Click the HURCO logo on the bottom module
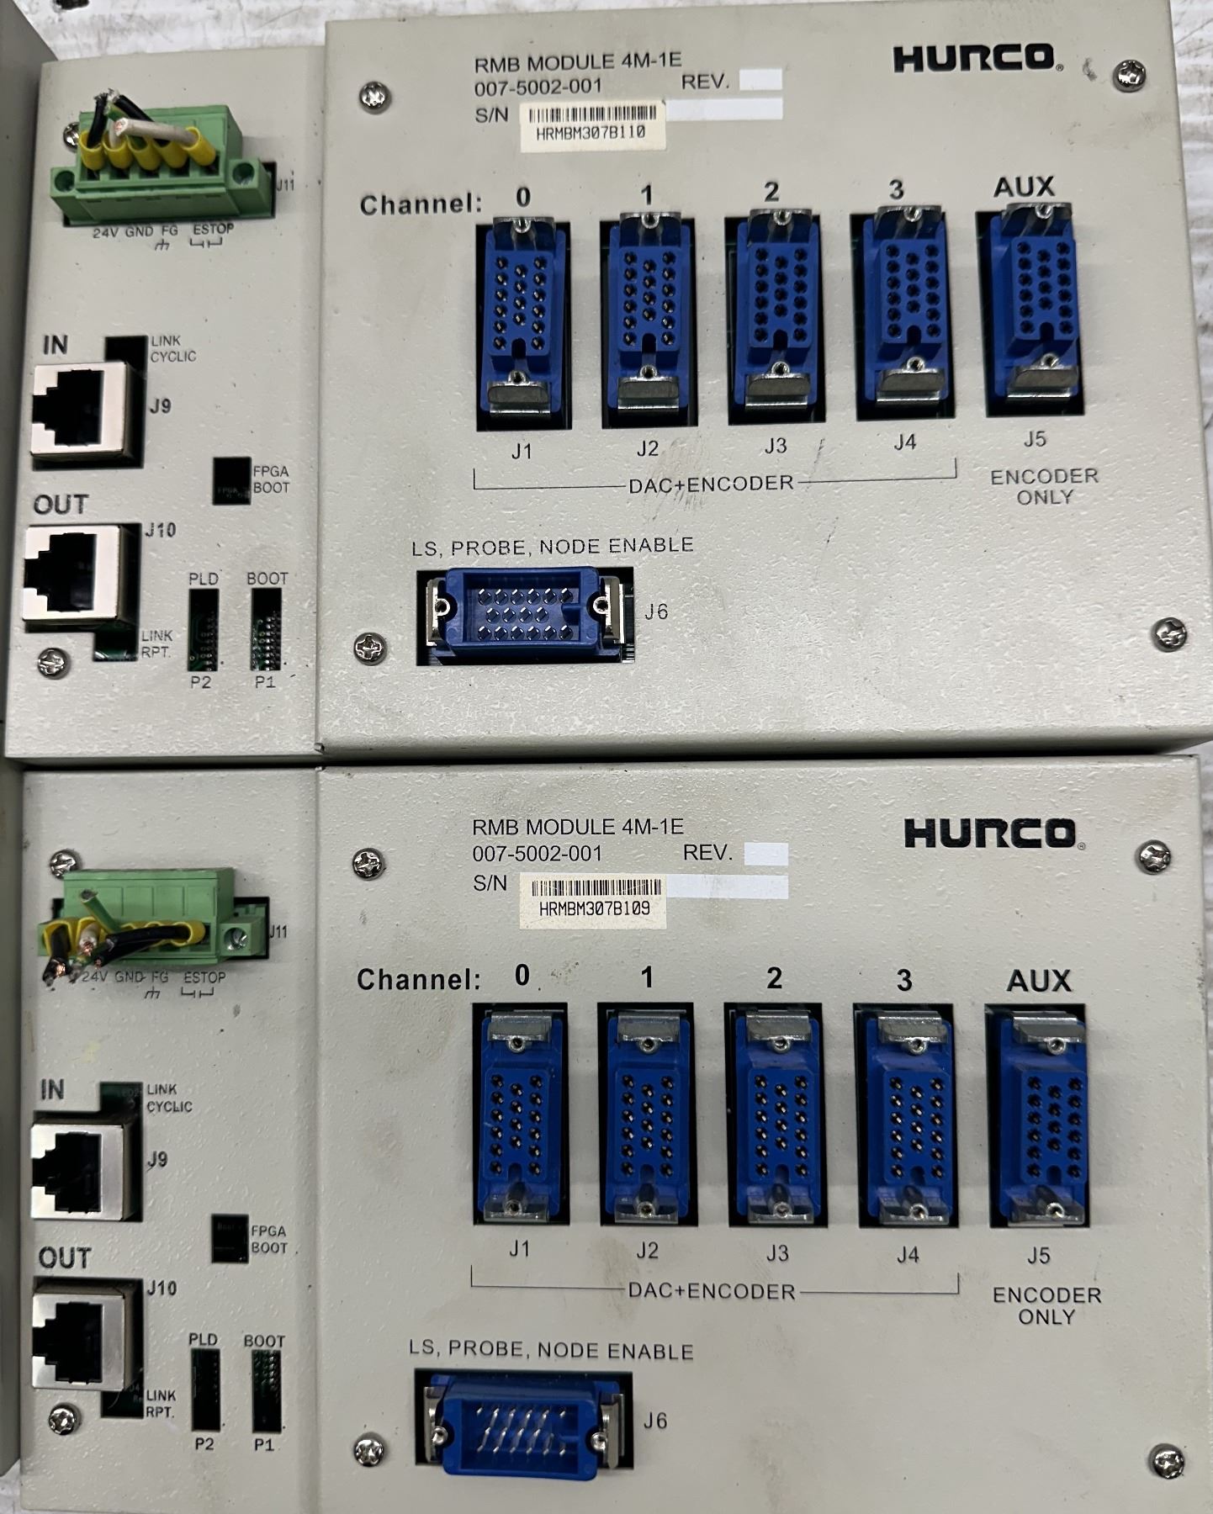point(993,833)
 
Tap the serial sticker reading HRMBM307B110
point(593,125)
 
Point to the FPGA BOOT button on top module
point(231,479)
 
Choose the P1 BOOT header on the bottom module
point(266,1392)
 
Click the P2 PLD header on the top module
point(203,629)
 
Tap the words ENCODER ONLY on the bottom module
point(1046,1305)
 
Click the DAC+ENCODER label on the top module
point(712,484)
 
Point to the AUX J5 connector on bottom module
point(1037,1115)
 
